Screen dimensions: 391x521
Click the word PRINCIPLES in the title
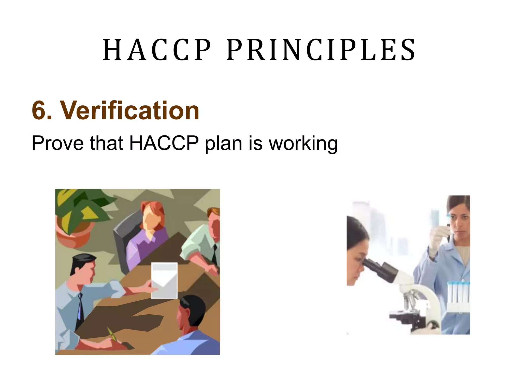(x=321, y=50)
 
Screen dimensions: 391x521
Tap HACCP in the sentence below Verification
(x=164, y=143)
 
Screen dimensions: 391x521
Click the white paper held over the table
(x=164, y=280)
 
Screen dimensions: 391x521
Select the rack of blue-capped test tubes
(x=458, y=295)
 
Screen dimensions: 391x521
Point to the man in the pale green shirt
(x=204, y=244)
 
